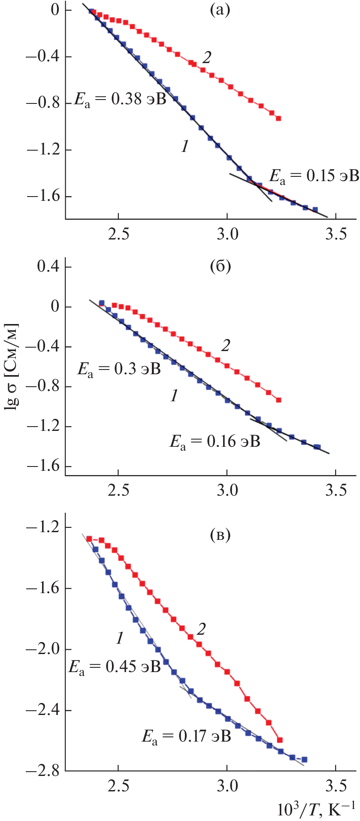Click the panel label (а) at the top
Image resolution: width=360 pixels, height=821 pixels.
[x=220, y=9]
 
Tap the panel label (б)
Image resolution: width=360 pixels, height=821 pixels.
[x=221, y=267]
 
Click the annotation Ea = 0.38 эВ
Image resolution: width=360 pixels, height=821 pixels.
[x=120, y=100]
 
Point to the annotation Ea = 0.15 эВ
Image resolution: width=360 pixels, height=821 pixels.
[x=314, y=176]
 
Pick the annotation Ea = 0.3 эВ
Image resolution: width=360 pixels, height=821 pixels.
[x=119, y=369]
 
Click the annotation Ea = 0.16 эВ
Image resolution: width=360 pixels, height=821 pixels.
[x=215, y=441]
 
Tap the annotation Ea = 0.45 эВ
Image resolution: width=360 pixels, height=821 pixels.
[x=114, y=666]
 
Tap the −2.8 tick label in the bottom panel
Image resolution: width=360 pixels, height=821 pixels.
[x=43, y=771]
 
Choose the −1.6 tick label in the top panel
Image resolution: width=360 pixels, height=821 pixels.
[x=43, y=197]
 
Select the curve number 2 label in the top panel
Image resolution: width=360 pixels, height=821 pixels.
[x=207, y=58]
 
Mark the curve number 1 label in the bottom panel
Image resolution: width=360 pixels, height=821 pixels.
[x=120, y=638]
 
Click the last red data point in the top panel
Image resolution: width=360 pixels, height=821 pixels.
[x=278, y=118]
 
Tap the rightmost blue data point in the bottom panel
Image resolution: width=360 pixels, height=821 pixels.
[x=304, y=759]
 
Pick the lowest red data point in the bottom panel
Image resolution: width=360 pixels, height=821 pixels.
[x=280, y=740]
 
